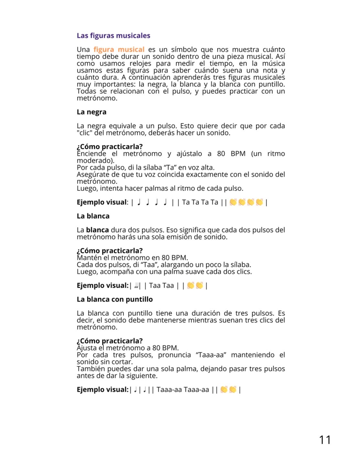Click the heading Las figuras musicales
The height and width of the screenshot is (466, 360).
pyautogui.click(x=113, y=36)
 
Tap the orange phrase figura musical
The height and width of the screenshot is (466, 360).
pyautogui.click(x=119, y=50)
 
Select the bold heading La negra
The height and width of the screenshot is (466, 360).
pyautogui.click(x=92, y=112)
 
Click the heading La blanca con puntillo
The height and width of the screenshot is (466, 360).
pyautogui.click(x=115, y=299)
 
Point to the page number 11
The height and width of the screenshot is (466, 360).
pyautogui.click(x=325, y=440)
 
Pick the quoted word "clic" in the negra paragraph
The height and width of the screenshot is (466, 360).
pyautogui.click(x=84, y=133)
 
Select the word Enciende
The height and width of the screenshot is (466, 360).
pyautogui.click(x=91, y=154)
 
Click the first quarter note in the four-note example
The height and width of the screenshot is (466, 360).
pyautogui.click(x=139, y=202)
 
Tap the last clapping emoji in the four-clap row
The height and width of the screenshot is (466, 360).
pyautogui.click(x=259, y=202)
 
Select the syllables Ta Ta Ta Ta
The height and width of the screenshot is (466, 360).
pyautogui.click(x=200, y=202)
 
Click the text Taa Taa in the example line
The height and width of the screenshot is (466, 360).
pyautogui.click(x=161, y=286)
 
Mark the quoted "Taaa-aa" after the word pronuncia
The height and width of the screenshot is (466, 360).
pyautogui.click(x=211, y=355)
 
